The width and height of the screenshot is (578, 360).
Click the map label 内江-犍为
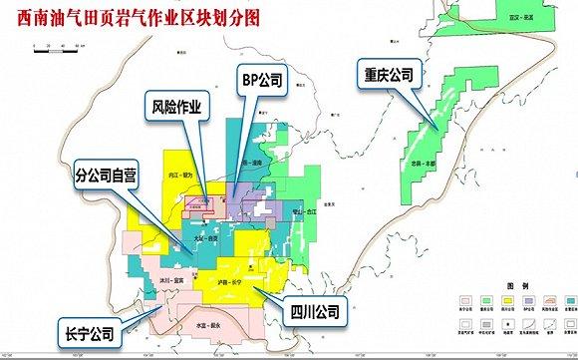tap(180, 176)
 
